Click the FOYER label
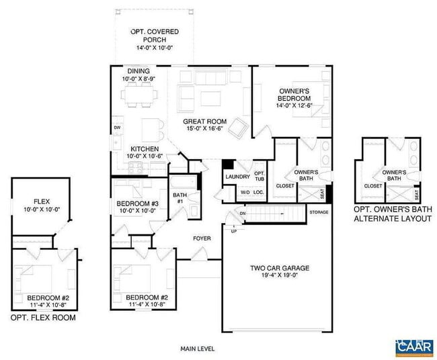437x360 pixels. point(202,238)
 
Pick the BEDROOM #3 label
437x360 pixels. point(137,204)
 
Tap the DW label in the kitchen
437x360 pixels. point(117,128)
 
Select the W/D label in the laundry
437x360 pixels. point(245,193)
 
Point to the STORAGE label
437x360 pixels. point(319,213)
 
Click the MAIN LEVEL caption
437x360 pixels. point(197,349)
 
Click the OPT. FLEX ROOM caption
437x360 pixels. point(43,318)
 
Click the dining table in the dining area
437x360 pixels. point(141,97)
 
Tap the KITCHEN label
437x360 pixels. point(144,148)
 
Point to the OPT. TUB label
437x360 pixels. point(260,177)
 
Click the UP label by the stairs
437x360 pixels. point(233,232)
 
